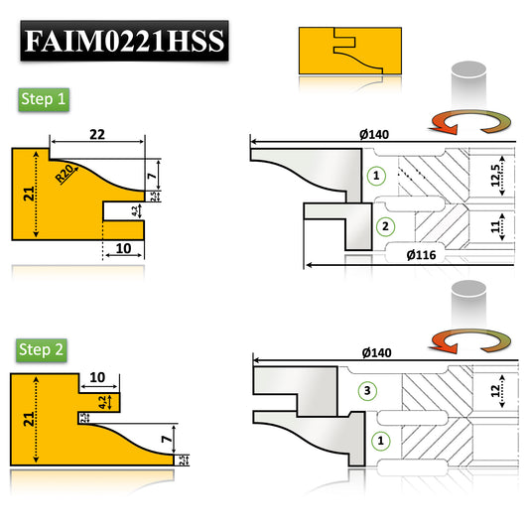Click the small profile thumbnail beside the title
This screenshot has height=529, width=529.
point(350,49)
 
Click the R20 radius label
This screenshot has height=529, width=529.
point(66,175)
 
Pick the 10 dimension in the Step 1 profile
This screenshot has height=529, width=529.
point(124,249)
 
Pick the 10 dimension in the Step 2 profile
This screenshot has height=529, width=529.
point(96,378)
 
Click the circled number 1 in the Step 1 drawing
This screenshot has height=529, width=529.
point(374,176)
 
